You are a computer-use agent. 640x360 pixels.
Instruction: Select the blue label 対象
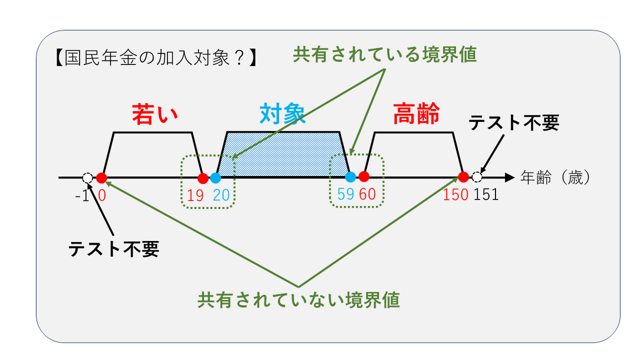point(282,114)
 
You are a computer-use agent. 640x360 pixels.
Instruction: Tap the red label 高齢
point(417,114)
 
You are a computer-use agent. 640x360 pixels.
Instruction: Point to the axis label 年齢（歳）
point(556,178)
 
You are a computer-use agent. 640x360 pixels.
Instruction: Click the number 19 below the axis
point(195,195)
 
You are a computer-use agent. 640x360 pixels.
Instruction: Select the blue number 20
point(221,195)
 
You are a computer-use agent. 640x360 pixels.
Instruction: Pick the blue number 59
point(345,195)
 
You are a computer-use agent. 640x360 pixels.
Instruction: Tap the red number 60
point(368,195)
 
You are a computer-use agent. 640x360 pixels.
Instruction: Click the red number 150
point(455,195)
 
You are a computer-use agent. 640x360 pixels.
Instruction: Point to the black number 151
point(486,195)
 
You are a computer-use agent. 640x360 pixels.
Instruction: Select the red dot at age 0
point(102,178)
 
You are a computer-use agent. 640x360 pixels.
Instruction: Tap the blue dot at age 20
point(215,178)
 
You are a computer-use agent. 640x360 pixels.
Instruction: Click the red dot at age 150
point(463,178)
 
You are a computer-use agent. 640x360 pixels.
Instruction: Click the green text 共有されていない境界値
point(299,300)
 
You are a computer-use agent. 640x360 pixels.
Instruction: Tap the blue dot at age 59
point(350,178)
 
